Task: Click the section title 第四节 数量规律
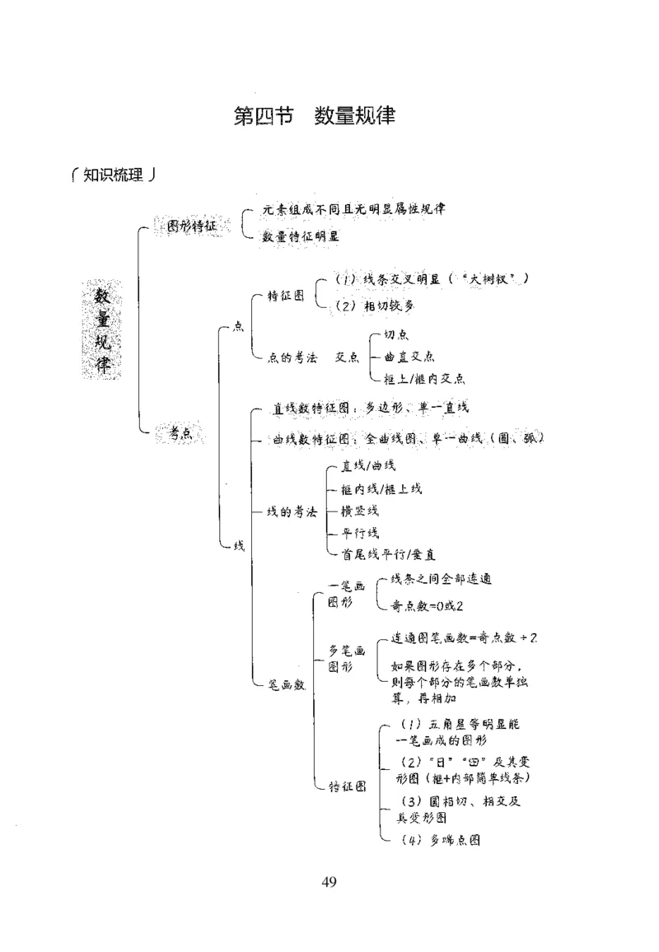point(315,117)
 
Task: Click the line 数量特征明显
point(301,236)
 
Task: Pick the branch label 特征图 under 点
point(285,296)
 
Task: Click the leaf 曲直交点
point(409,357)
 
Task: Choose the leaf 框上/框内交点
point(424,379)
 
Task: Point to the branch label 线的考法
point(292,511)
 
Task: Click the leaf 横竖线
point(360,511)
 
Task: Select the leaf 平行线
point(360,533)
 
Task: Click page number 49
point(329,883)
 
